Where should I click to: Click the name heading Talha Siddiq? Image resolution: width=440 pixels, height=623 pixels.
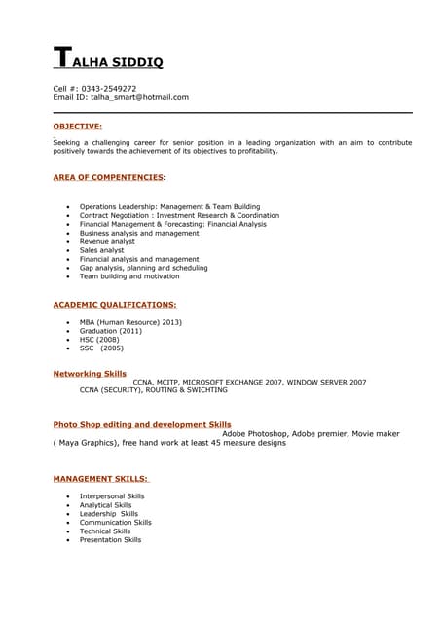pyautogui.click(x=108, y=60)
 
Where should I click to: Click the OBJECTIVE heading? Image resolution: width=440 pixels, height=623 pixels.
pyautogui.click(x=77, y=127)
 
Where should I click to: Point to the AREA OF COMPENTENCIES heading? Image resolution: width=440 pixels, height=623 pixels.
pyautogui.click(x=109, y=177)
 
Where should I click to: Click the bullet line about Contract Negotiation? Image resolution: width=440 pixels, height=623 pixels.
pyautogui.click(x=179, y=215)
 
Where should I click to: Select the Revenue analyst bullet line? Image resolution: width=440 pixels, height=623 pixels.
pyautogui.click(x=107, y=241)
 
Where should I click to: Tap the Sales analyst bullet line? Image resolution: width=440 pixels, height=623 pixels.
pyautogui.click(x=101, y=250)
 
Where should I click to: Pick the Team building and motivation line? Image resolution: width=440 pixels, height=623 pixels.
pyautogui.click(x=129, y=276)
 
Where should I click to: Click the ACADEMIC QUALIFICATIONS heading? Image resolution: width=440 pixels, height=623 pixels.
pyautogui.click(x=114, y=304)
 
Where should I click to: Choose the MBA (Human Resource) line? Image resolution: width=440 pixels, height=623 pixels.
pyautogui.click(x=130, y=322)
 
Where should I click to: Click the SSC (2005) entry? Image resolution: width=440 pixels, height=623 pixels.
pyautogui.click(x=101, y=348)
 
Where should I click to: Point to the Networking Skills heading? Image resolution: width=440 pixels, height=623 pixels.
pyautogui.click(x=90, y=374)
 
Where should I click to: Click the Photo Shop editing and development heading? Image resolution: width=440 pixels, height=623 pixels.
pyautogui.click(x=142, y=425)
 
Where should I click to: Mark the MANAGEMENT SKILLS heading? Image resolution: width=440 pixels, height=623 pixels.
pyautogui.click(x=100, y=479)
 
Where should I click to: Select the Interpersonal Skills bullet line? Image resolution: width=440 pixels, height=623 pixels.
pyautogui.click(x=112, y=496)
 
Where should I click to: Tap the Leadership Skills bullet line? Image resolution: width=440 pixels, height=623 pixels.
pyautogui.click(x=109, y=514)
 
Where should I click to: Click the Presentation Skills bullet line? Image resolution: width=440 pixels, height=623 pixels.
pyautogui.click(x=110, y=539)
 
